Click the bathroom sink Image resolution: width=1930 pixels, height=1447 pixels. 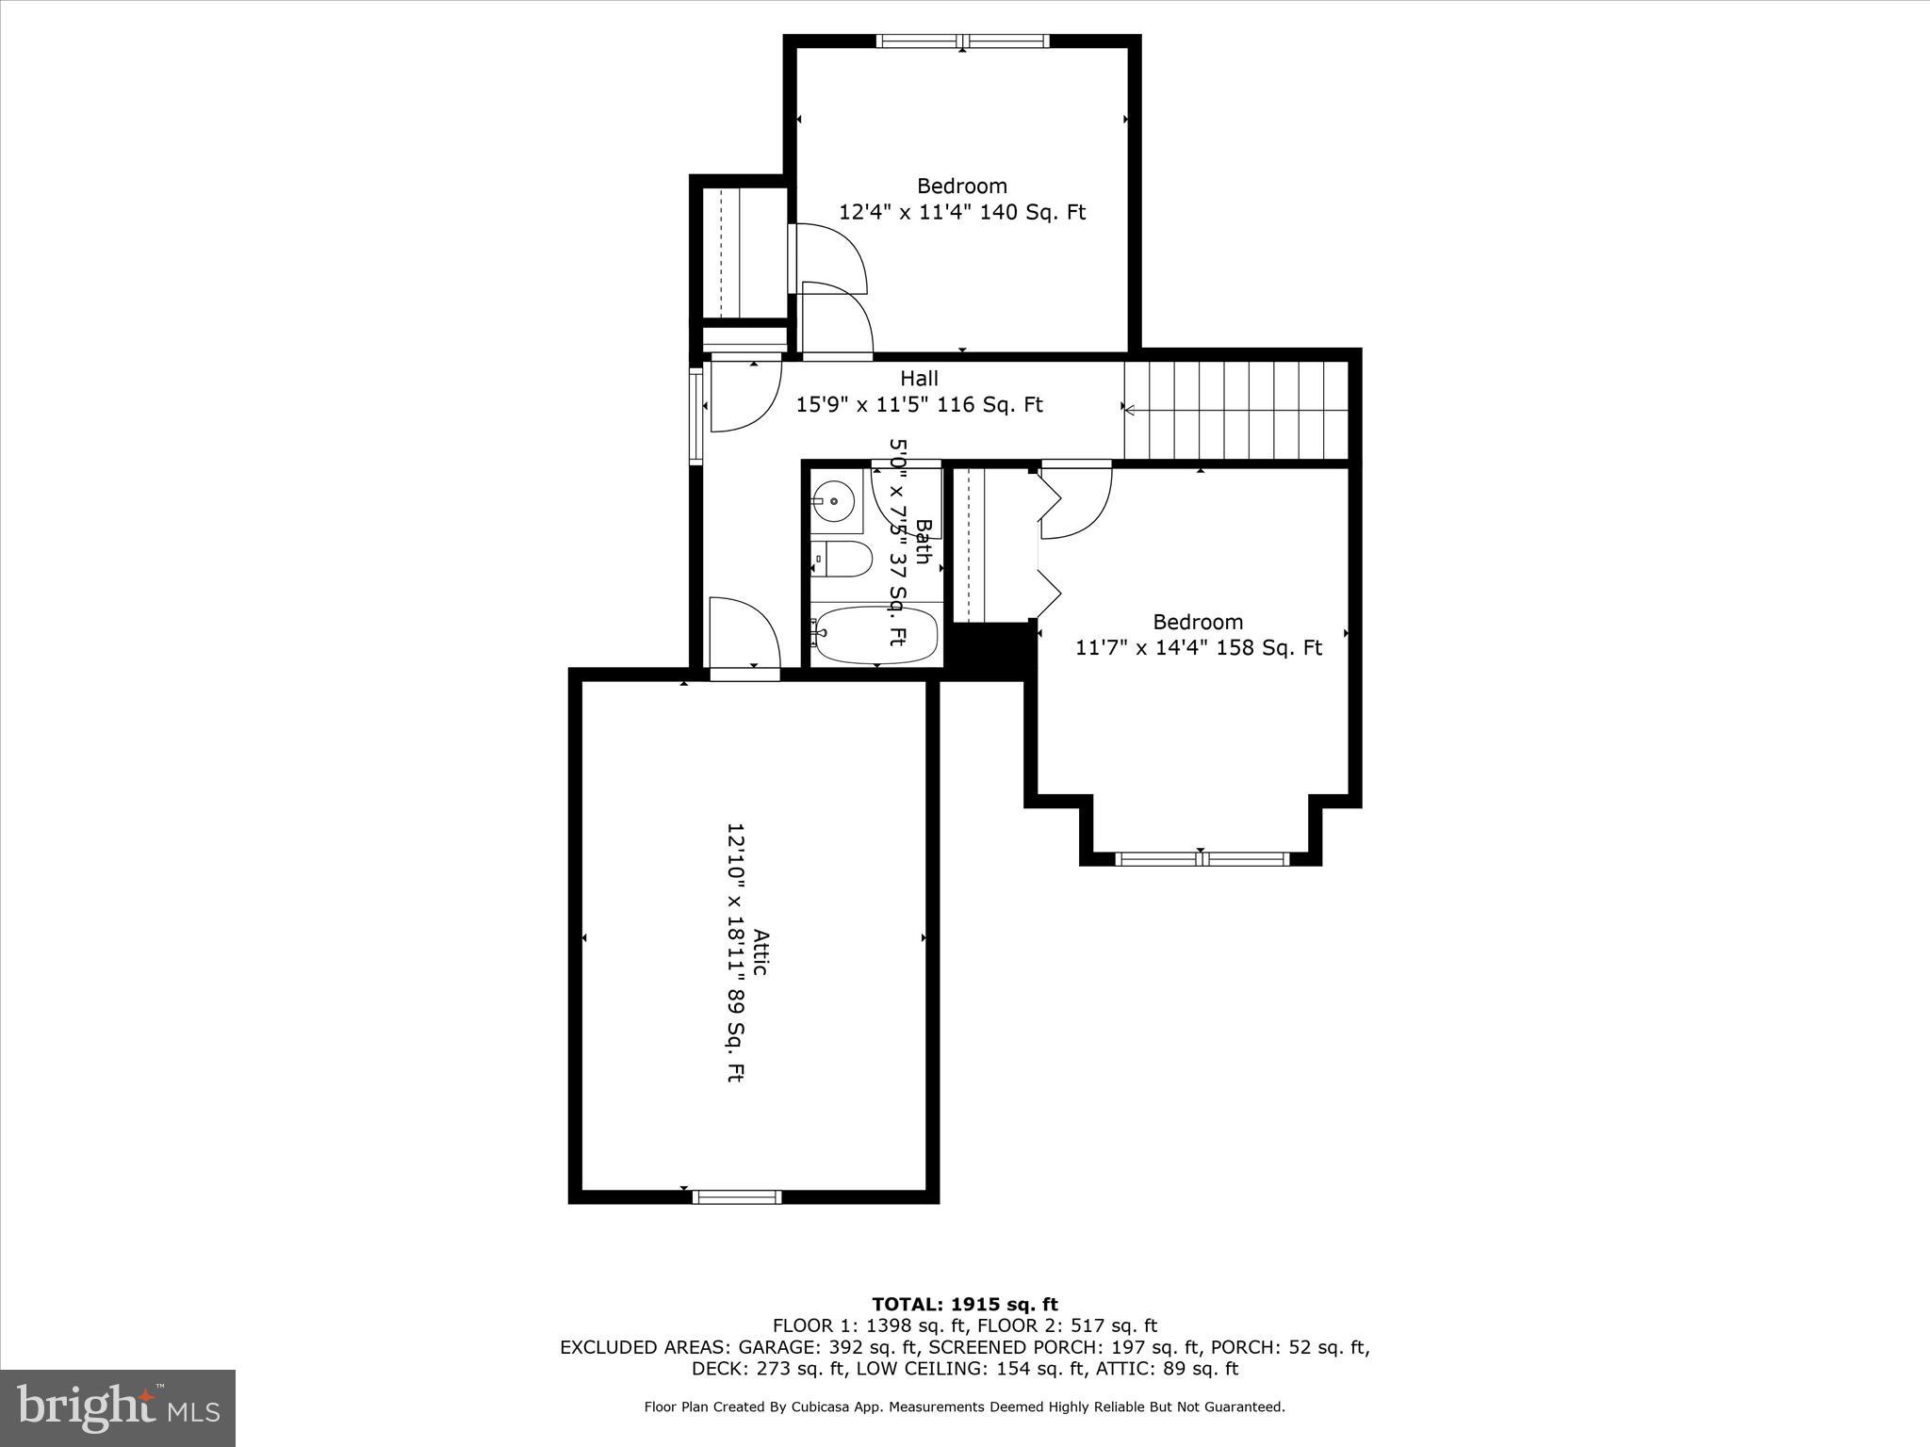834,500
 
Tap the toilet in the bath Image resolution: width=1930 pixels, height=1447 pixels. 843,559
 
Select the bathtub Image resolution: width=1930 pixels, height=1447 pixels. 876,634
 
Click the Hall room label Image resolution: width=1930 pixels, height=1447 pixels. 919,379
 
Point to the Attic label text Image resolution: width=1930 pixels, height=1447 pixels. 761,952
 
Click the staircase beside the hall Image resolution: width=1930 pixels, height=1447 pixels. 1236,410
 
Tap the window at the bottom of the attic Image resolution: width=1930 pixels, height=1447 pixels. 737,1196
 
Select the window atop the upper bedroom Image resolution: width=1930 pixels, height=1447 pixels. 962,41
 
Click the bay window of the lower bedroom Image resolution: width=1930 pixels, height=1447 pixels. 1201,858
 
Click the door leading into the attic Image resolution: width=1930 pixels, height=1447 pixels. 744,673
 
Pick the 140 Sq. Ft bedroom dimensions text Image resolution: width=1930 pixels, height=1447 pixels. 962,213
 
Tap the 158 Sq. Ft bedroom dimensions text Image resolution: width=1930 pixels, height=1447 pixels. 1199,648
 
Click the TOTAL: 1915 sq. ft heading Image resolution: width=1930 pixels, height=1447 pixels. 965,1305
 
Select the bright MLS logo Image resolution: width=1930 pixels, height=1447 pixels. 118,1408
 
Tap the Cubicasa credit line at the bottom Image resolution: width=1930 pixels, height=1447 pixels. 964,1407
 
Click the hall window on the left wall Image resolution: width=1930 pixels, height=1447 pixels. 697,415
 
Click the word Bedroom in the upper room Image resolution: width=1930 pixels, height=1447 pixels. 962,187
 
